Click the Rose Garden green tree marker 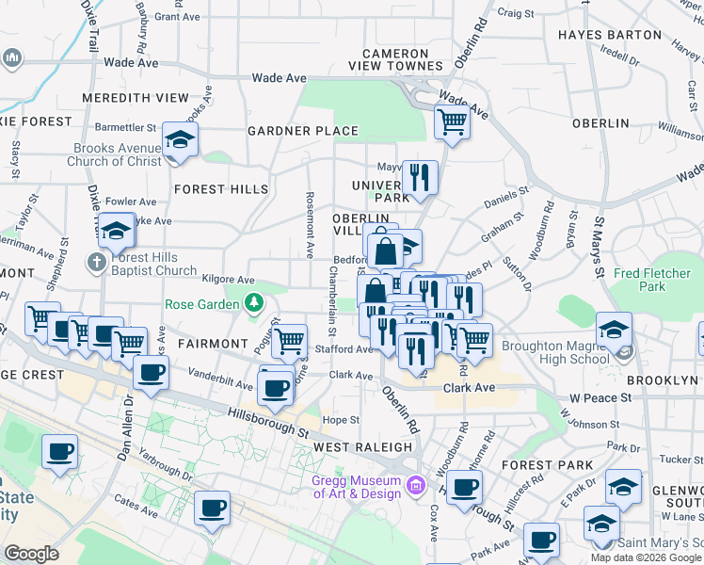point(253,303)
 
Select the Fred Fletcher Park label point(651,280)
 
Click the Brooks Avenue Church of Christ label point(115,155)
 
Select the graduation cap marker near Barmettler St point(179,141)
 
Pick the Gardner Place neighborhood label point(302,131)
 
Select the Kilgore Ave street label point(229,280)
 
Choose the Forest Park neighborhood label point(547,465)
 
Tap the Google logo point(33,554)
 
